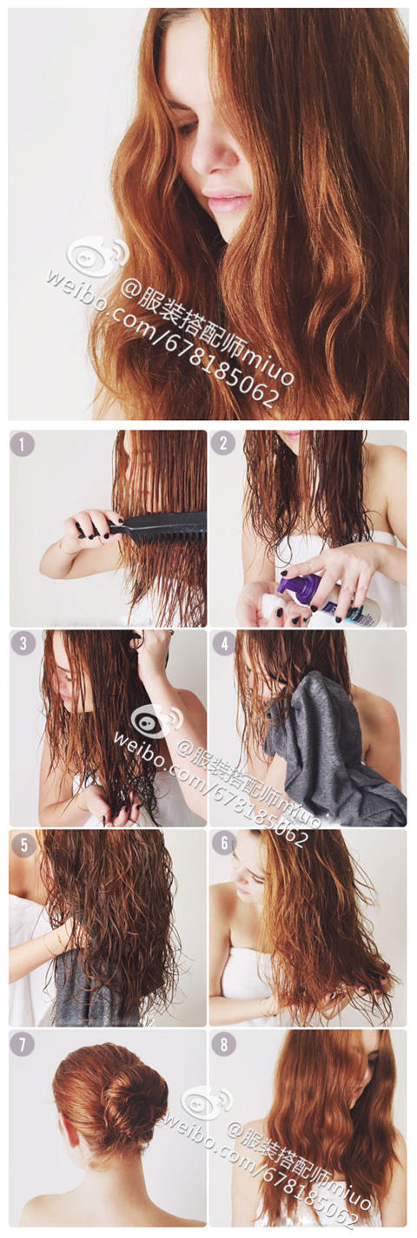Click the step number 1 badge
click(23, 444)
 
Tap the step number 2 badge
click(223, 444)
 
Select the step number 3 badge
click(23, 644)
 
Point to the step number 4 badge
click(223, 644)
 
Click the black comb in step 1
click(145, 525)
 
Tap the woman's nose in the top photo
click(212, 154)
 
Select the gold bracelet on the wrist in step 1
click(64, 549)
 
